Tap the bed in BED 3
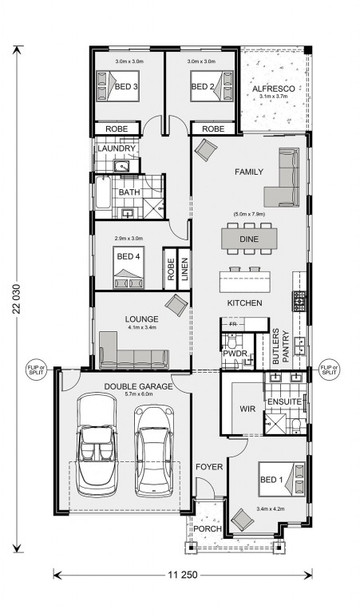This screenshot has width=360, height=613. [x=117, y=85]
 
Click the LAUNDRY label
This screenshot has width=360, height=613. [x=117, y=149]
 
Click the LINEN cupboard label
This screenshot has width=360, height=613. [x=184, y=269]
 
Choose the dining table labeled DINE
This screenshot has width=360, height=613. [x=250, y=237]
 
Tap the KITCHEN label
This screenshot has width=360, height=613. [x=244, y=304]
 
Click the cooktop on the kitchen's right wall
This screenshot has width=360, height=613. [x=301, y=301]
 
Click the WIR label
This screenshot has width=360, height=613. [x=246, y=408]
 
